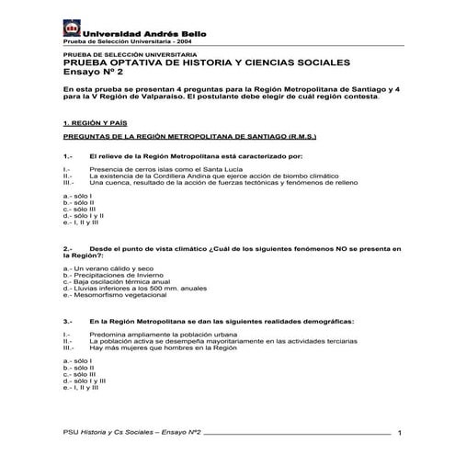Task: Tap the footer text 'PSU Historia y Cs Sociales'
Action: (101, 431)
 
